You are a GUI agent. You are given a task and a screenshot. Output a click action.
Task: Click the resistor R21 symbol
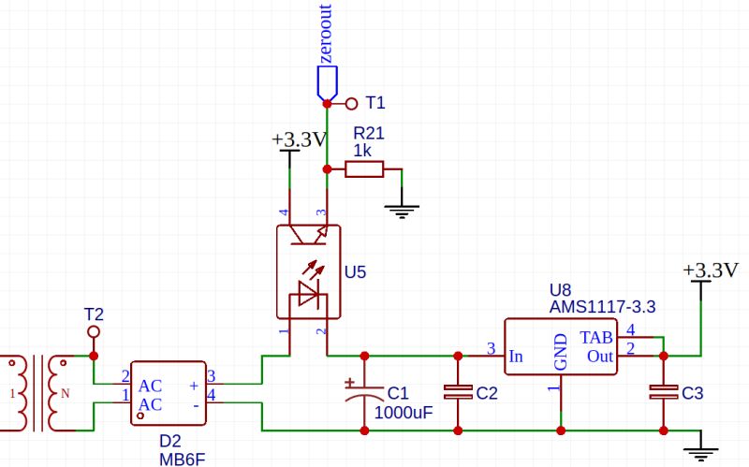coord(363,169)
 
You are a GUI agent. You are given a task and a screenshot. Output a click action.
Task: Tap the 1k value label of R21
coord(363,150)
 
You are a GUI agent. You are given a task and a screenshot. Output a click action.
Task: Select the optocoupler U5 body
coord(307,271)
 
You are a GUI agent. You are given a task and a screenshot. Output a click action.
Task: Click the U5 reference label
coord(356,273)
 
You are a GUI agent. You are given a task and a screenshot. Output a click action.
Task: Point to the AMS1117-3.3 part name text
coord(601,306)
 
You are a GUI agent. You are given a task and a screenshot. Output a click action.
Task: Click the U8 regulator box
coord(561,347)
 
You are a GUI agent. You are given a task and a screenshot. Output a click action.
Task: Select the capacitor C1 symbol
coord(364,392)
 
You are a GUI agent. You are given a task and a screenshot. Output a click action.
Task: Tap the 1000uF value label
coord(404,412)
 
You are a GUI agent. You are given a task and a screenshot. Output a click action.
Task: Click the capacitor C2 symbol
coord(458,393)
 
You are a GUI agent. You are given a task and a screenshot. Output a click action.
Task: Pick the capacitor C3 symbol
coord(664,393)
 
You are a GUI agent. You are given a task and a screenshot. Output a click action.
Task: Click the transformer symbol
coord(37,394)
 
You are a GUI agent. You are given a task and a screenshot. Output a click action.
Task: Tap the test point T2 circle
coord(93,332)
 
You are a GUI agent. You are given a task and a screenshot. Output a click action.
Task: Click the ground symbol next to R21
coord(403,209)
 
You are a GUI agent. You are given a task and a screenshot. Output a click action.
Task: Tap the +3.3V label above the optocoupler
coord(299,139)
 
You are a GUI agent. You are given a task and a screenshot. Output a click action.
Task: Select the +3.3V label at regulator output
coord(710,270)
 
